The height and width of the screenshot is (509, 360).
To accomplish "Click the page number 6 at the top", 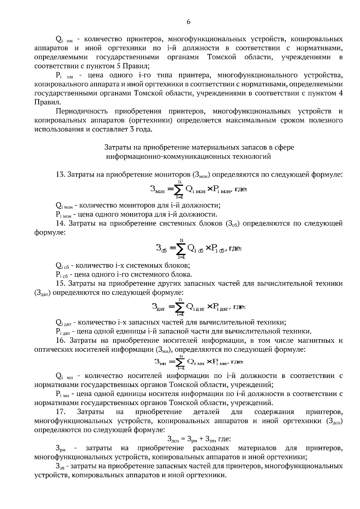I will point(188,22).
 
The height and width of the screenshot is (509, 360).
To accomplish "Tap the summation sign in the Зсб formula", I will point(181,249).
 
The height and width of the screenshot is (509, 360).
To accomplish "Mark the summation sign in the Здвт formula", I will point(180,307).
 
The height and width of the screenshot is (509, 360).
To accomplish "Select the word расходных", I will point(211,448).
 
